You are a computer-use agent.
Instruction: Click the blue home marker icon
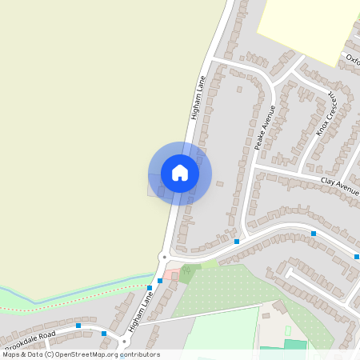pos(180,173)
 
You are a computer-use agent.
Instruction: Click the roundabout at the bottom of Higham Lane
pos(164,258)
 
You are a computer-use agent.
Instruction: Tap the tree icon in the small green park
pos(186,272)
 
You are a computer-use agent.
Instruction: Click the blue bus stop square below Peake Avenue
pos(238,241)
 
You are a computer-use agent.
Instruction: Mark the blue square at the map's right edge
pos(355,257)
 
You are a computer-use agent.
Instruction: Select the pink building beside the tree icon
pos(172,275)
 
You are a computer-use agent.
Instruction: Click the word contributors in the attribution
pos(138,354)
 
